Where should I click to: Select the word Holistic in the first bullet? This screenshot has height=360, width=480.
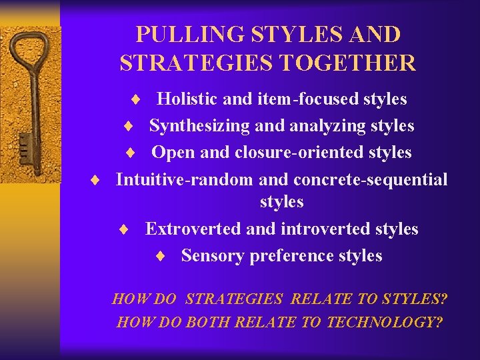click(187, 99)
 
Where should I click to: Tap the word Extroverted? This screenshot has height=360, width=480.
click(193, 229)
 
